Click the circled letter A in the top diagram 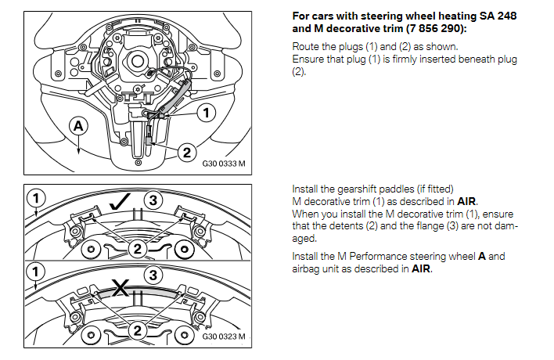(x=79, y=125)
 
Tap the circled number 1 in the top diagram (x=205, y=113)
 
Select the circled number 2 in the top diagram (x=186, y=153)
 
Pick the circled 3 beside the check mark (x=153, y=200)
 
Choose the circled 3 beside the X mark (x=153, y=274)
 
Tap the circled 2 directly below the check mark (x=138, y=248)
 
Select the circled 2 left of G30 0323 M (x=138, y=331)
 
